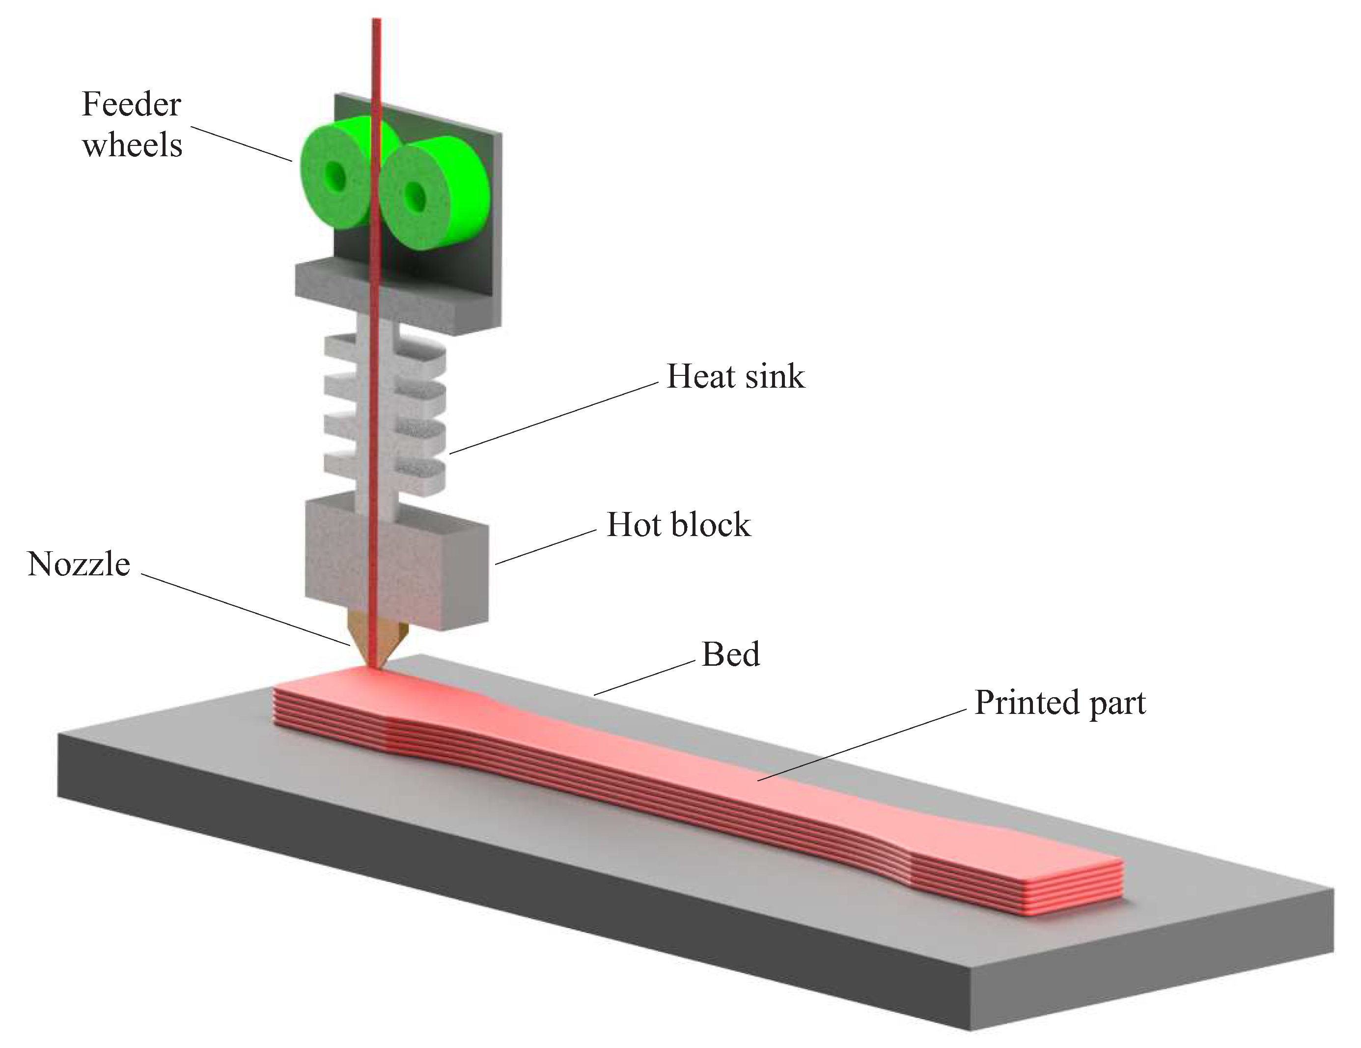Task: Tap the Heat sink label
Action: pyautogui.click(x=735, y=376)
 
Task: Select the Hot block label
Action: pyautogui.click(x=678, y=524)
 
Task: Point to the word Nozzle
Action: pyautogui.click(x=79, y=564)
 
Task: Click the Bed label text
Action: pyautogui.click(x=730, y=654)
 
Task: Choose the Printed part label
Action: pyautogui.click(x=1059, y=703)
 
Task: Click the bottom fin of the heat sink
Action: pyautogui.click(x=417, y=477)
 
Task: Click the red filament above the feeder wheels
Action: pyautogui.click(x=376, y=62)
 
